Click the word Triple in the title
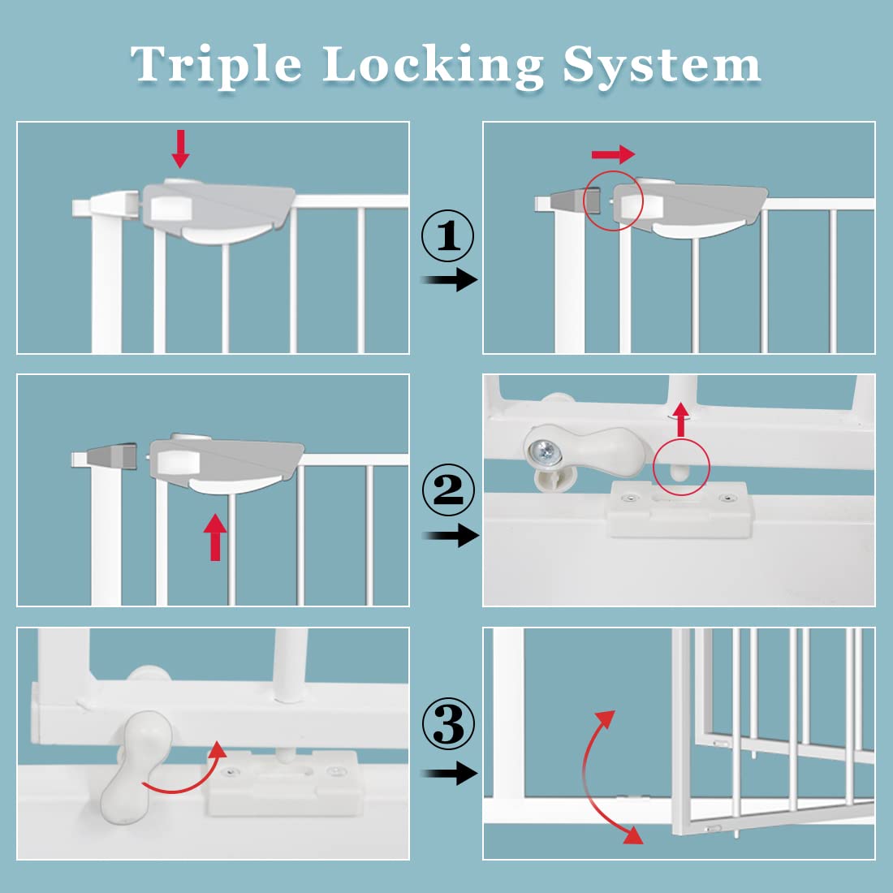click(216, 65)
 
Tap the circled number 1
click(447, 236)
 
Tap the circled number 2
click(447, 490)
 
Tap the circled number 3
click(447, 725)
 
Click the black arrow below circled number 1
click(451, 280)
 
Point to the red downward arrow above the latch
click(180, 149)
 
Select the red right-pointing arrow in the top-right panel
click(613, 154)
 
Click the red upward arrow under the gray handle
click(215, 537)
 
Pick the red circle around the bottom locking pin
click(680, 467)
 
